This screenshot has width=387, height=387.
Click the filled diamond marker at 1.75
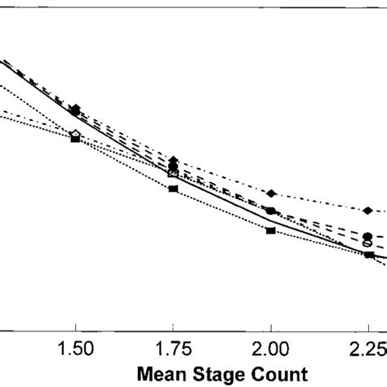click(173, 160)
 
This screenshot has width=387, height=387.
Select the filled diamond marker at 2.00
click(271, 193)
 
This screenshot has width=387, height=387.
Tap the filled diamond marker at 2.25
click(368, 211)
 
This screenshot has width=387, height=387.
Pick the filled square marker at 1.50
click(75, 140)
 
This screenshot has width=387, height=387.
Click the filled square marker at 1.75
click(173, 189)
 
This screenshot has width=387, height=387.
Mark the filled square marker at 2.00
click(271, 231)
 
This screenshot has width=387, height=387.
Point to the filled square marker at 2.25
click(368, 256)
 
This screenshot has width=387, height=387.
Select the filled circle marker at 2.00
click(271, 211)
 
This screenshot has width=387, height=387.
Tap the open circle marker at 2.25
click(367, 243)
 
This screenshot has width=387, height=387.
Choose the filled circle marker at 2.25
click(367, 236)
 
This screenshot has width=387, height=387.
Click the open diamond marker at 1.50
click(75, 133)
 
